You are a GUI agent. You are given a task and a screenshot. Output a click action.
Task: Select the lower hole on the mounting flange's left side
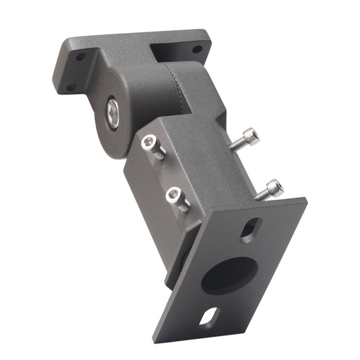tap(71, 87)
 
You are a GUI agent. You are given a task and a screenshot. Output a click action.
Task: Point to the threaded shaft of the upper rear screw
tap(237, 144)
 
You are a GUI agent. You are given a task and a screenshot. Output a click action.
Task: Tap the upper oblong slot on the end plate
tap(251, 229)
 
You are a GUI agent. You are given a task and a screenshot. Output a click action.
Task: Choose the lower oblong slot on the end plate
tap(209, 318)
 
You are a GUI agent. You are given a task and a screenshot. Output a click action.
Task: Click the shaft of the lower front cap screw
tap(183, 205)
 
